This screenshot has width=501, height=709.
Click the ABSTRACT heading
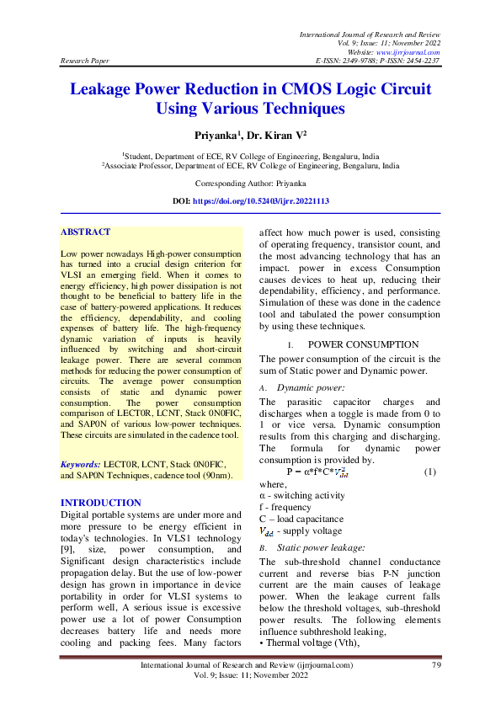86,232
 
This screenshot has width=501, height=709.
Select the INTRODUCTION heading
101,503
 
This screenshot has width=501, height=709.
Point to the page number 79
436,666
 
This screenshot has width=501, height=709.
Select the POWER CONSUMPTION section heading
363,344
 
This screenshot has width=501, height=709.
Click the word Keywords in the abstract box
81,464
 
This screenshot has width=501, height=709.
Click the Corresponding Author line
250,183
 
